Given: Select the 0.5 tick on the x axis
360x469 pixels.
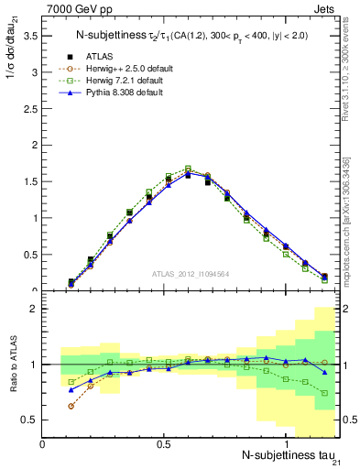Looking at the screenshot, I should point(165,443).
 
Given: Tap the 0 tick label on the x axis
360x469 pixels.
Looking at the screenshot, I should point(42,443).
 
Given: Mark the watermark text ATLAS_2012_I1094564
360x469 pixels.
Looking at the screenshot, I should point(191,273).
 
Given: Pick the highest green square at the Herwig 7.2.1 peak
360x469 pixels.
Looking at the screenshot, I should point(188,169).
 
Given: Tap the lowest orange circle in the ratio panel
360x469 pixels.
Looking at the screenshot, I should point(71,406).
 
